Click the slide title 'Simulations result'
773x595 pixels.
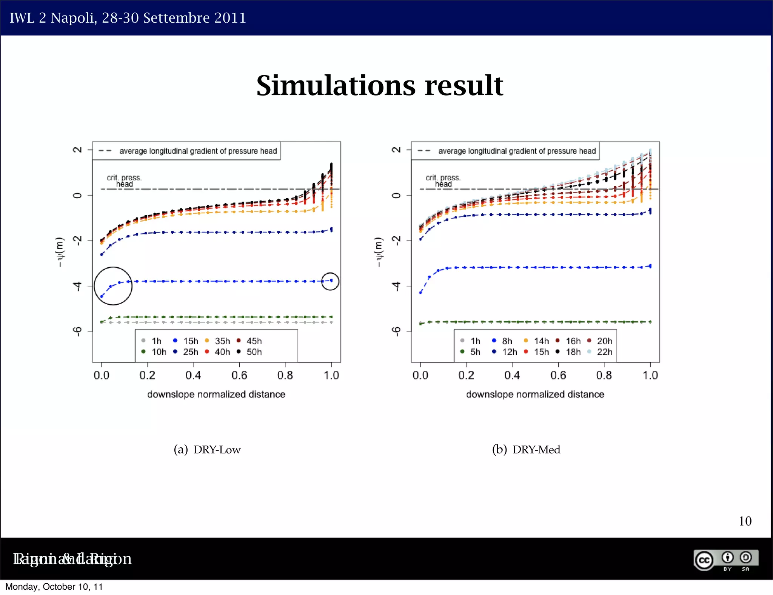[x=379, y=85]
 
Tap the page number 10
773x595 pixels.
[x=745, y=521]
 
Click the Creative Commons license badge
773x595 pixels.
[x=725, y=560]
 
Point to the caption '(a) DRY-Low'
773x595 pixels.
[x=207, y=450]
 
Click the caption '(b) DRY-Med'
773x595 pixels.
[x=526, y=450]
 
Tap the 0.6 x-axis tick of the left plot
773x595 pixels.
[x=239, y=375]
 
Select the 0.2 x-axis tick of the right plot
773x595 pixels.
[x=466, y=375]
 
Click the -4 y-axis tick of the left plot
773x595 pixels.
[x=77, y=286]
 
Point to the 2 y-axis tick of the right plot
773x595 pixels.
[x=396, y=150]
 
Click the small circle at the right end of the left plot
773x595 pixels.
[x=330, y=281]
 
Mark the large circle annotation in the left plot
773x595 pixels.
[x=113, y=286]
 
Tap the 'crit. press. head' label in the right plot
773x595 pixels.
[x=443, y=180]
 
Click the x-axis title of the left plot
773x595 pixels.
[x=216, y=394]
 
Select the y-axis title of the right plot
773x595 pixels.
[x=378, y=252]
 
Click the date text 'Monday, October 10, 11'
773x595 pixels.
[x=54, y=587]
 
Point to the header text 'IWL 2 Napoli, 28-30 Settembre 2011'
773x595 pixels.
[x=128, y=18]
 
